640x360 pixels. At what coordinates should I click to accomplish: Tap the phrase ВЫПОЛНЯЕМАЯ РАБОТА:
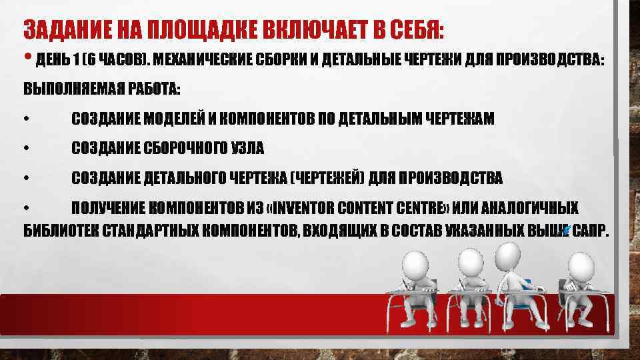coord(102,89)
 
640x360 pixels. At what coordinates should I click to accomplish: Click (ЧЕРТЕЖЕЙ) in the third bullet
coord(328,179)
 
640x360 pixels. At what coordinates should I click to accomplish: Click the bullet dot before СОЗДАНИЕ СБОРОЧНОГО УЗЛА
coord(25,149)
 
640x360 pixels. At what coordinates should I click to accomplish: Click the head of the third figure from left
coord(509,253)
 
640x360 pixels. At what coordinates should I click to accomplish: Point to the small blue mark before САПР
coord(565,230)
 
